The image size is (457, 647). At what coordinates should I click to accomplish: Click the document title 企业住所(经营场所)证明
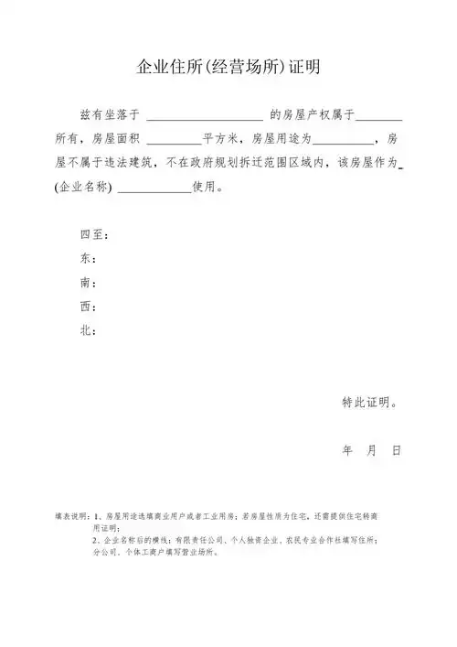228,67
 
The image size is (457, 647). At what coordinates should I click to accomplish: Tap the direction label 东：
90,259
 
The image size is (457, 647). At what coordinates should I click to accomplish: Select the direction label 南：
90,283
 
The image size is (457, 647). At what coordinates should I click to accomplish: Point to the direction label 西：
90,307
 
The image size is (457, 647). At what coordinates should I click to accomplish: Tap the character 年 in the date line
347,451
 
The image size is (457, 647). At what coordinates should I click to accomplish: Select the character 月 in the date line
371,451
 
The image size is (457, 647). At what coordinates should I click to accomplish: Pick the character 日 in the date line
396,451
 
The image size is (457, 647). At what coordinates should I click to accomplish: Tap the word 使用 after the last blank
202,189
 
